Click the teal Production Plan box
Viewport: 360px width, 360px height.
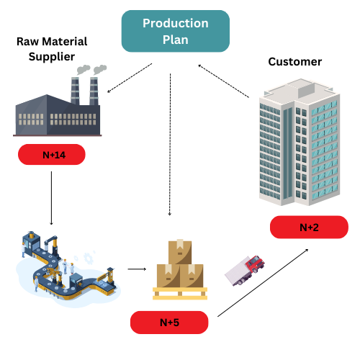(176, 31)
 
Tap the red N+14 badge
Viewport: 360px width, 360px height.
(52, 154)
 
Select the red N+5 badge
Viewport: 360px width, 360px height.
(169, 323)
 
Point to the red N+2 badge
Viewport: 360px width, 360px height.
(309, 227)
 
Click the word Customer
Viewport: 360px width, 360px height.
(295, 62)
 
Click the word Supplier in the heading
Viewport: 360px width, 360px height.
(52, 57)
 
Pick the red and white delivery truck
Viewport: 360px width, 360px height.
(245, 271)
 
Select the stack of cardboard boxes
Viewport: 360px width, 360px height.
(180, 264)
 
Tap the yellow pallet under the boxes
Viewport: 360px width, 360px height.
(180, 294)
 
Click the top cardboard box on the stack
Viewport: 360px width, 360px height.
(180, 251)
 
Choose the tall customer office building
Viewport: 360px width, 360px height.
(300, 142)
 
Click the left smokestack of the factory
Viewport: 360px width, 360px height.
(75, 91)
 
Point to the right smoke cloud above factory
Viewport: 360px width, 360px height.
(100, 69)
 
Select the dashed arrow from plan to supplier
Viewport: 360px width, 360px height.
(130, 78)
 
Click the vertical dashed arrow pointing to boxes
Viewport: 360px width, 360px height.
(170, 145)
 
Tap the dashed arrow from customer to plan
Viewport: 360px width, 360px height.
(224, 81)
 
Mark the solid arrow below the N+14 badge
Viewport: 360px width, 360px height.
(51, 198)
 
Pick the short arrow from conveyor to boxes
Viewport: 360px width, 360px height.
(137, 269)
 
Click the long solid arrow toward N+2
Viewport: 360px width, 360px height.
(263, 283)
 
